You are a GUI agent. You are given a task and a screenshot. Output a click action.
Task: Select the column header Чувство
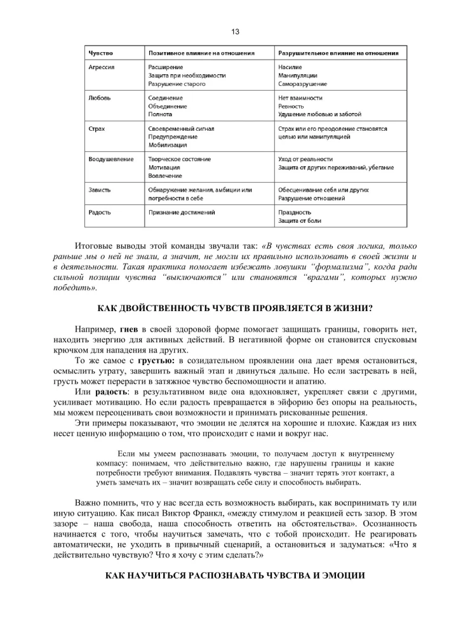point(101,53)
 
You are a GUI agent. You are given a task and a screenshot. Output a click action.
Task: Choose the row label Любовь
point(100,98)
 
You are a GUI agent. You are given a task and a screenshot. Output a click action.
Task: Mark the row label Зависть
point(100,189)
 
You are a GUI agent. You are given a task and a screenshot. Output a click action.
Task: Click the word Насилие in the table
point(290,67)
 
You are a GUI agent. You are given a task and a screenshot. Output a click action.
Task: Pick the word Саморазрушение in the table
point(303,83)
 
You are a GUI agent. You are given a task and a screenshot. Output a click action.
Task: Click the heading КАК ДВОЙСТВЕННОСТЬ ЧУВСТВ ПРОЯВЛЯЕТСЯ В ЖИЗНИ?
point(234,309)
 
